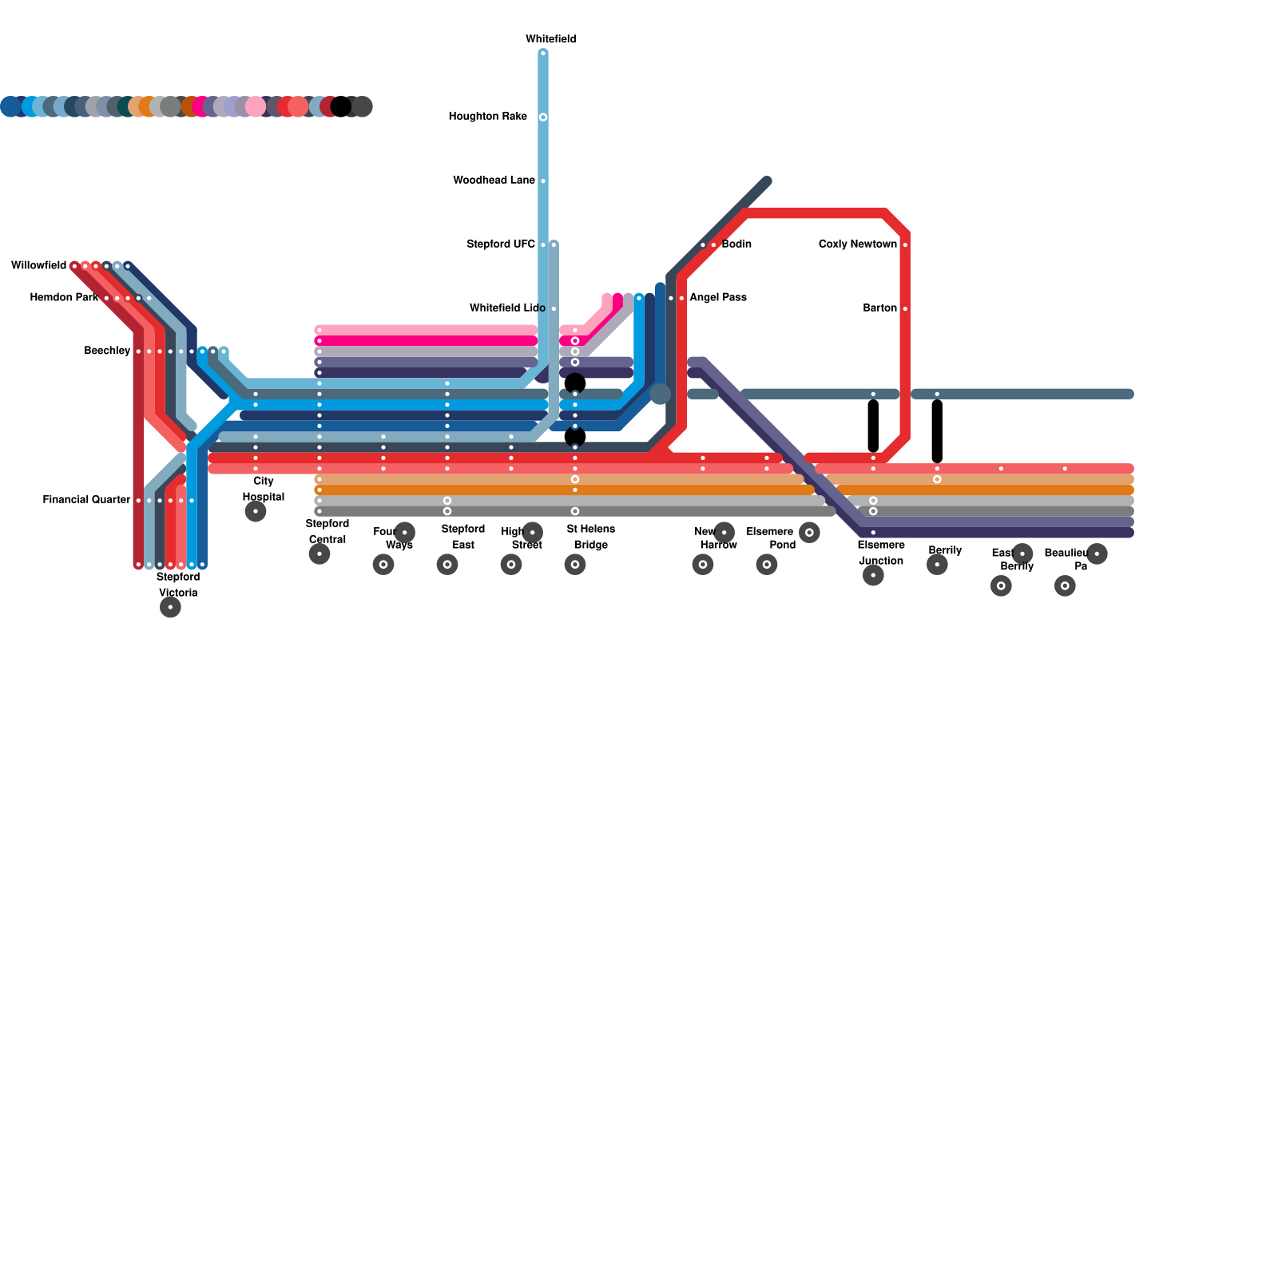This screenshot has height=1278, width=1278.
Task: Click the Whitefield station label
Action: coord(550,39)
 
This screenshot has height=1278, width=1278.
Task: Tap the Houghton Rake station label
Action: coord(487,117)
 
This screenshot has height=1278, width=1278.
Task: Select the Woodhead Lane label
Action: coord(494,181)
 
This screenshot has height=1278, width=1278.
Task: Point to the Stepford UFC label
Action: coord(500,244)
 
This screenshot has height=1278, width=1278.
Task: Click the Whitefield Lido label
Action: coord(507,308)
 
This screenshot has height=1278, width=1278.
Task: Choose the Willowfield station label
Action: coord(38,265)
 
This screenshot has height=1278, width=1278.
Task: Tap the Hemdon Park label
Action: coord(64,298)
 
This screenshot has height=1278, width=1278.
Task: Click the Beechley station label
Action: coord(107,351)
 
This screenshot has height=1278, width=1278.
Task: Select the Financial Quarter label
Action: coord(86,500)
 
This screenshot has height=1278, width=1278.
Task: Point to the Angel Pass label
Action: coord(718,298)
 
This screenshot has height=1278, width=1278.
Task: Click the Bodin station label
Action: coord(736,244)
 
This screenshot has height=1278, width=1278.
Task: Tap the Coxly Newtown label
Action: coord(857,244)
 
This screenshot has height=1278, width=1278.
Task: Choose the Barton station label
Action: coord(879,308)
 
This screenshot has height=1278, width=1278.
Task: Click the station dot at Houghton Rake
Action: coord(543,117)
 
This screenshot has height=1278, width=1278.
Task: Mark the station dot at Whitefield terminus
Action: coord(543,54)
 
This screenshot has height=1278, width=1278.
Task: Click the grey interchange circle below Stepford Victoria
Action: coord(170,607)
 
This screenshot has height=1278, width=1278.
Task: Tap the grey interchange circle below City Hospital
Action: coord(256,511)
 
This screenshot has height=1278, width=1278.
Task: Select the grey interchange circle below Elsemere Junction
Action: coord(873,575)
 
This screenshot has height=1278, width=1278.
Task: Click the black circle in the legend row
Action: coord(341,106)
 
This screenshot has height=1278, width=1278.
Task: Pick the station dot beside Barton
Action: coord(905,309)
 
